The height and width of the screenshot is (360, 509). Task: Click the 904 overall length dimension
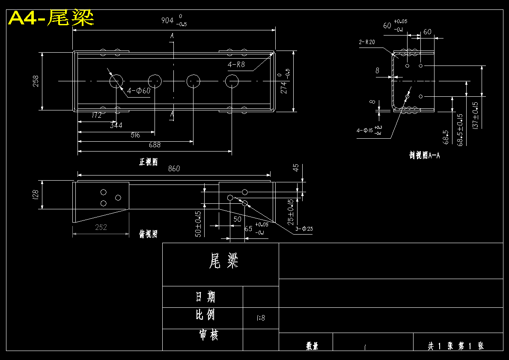(x=167, y=20)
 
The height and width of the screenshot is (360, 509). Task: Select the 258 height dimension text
(x=36, y=81)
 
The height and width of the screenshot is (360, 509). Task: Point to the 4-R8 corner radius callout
(x=236, y=65)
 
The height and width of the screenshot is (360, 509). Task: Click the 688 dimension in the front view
(x=155, y=145)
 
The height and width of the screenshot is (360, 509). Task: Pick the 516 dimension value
(x=135, y=135)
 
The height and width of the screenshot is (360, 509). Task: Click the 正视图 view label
(x=148, y=162)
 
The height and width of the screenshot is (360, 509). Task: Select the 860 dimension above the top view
(x=174, y=169)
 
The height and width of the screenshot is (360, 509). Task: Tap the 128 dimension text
(x=36, y=195)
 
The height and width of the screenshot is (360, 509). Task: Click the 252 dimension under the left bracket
(x=101, y=227)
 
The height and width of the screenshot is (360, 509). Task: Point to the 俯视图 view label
(x=148, y=234)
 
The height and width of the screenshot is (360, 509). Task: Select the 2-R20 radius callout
(x=367, y=42)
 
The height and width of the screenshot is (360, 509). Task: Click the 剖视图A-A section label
(x=424, y=155)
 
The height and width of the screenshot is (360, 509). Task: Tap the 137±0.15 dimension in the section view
(x=475, y=114)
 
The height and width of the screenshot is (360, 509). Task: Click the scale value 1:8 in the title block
(x=261, y=318)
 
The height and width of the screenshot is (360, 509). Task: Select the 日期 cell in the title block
(x=205, y=297)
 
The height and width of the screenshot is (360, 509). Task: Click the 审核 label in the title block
(x=208, y=334)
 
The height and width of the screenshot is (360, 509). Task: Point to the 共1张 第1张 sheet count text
(x=456, y=345)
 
